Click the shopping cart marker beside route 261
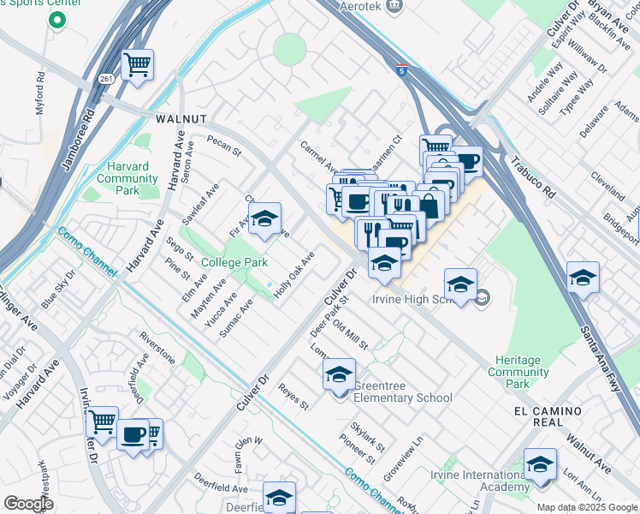(x=137, y=64)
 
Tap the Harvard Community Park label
(x=127, y=172)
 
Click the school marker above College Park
(x=265, y=218)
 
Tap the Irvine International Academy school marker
(x=540, y=465)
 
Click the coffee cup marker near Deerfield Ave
(x=133, y=434)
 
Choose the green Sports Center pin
(x=57, y=18)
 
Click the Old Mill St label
(x=350, y=335)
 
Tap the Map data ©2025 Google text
(x=587, y=507)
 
